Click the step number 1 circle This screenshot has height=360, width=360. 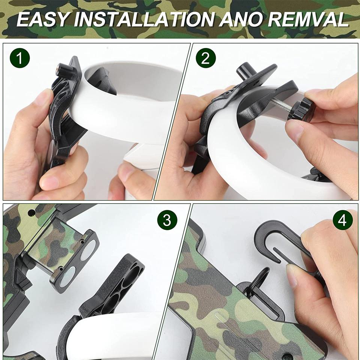point(20,58)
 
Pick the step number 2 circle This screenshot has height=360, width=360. point(206,58)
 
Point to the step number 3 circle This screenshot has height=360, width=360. point(167,220)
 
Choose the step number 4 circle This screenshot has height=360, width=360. point(342,220)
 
